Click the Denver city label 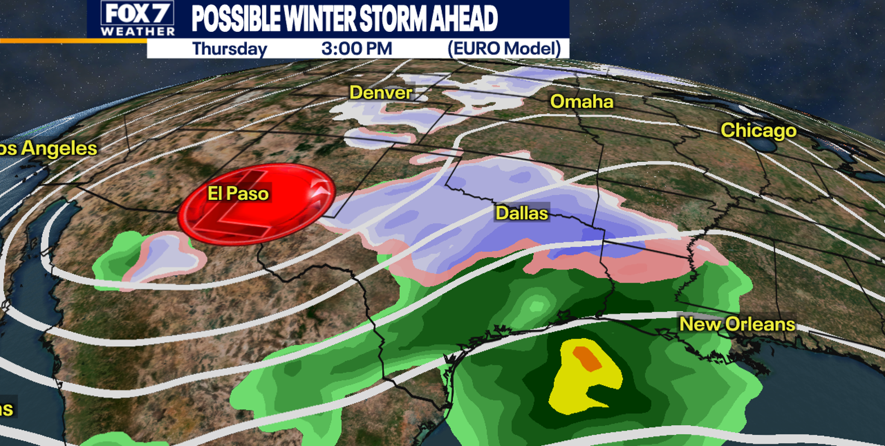[x=381, y=92]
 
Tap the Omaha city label [x=582, y=102]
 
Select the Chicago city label [x=758, y=130]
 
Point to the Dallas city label [x=522, y=213]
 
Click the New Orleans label [x=737, y=324]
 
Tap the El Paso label [x=238, y=194]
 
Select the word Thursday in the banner [x=229, y=49]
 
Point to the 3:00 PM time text [x=357, y=48]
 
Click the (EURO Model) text [x=504, y=48]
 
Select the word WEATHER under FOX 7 [x=138, y=31]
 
